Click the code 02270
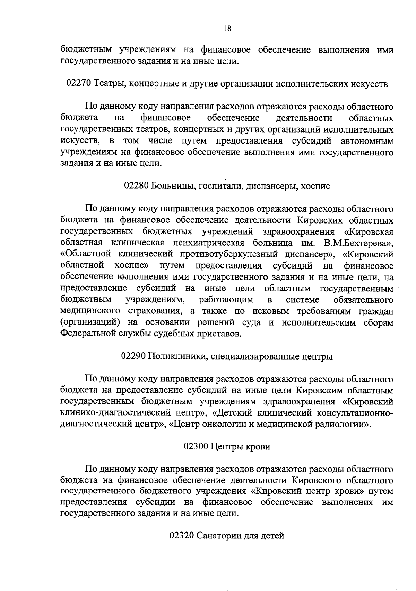click(x=78, y=84)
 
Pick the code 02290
click(x=133, y=356)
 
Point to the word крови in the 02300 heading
click(x=258, y=447)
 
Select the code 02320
click(x=181, y=536)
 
